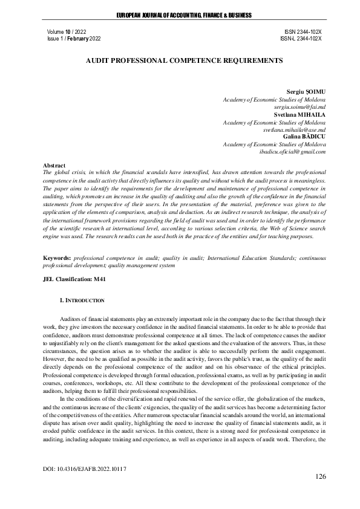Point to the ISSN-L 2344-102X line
click(x=301, y=37)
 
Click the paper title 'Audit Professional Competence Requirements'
click(x=180, y=61)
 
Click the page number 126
click(x=320, y=477)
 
